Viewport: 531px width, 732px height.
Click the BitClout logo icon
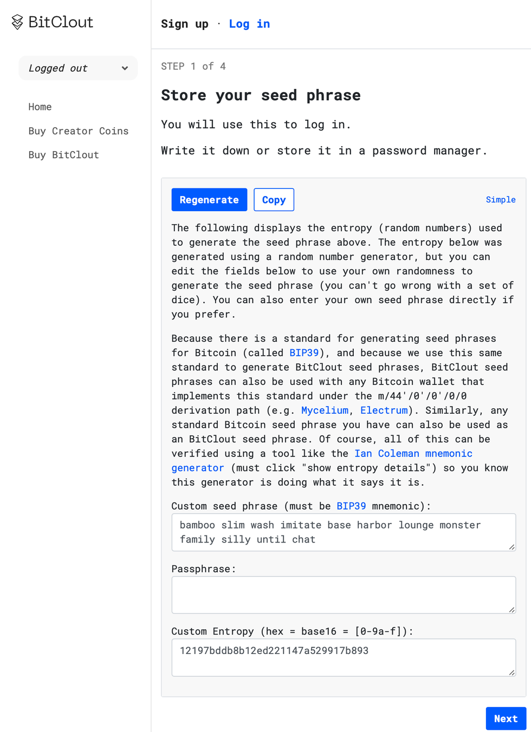click(17, 22)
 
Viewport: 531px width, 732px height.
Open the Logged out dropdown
click(78, 68)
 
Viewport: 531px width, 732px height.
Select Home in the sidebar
click(40, 107)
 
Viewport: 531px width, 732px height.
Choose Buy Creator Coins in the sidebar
click(79, 131)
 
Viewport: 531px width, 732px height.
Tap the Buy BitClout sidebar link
click(64, 155)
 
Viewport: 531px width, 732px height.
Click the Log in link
click(249, 24)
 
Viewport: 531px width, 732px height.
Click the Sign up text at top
click(185, 24)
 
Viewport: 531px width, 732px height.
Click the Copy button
click(274, 200)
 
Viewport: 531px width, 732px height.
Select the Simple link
click(500, 200)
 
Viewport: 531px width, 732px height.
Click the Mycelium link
click(325, 410)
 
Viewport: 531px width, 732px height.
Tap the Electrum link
click(384, 410)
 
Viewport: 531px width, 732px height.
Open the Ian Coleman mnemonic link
click(413, 454)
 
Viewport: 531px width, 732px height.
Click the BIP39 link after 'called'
click(304, 353)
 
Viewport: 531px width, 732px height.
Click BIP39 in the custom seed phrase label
click(351, 506)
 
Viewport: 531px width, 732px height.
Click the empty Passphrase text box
click(343, 594)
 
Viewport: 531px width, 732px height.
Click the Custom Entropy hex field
click(343, 657)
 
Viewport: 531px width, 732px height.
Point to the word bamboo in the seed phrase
click(197, 525)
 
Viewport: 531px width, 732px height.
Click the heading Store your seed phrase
click(261, 95)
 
